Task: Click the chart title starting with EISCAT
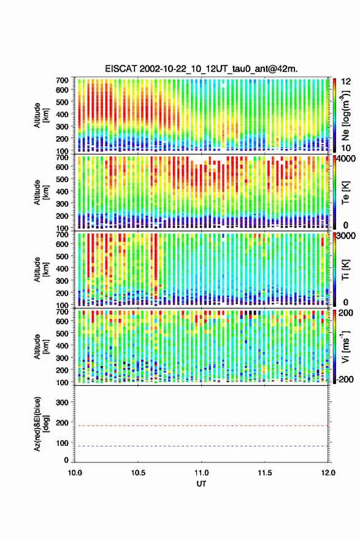coord(201,69)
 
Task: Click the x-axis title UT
coord(201,484)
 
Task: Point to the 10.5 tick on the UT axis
coord(138,473)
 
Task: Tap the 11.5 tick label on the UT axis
coord(264,473)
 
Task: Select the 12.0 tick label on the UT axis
coord(328,473)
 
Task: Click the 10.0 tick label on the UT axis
coord(75,473)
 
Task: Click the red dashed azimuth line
coord(201,426)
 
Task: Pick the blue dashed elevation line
coord(201,446)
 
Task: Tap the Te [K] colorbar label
coord(345,193)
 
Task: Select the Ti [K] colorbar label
coord(345,270)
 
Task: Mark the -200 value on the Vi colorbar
coord(345,379)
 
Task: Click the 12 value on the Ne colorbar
coord(347,82)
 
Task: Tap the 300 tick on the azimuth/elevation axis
coord(62,402)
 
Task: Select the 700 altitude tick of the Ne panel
coord(62,80)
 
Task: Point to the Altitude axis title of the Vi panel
coord(42,346)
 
